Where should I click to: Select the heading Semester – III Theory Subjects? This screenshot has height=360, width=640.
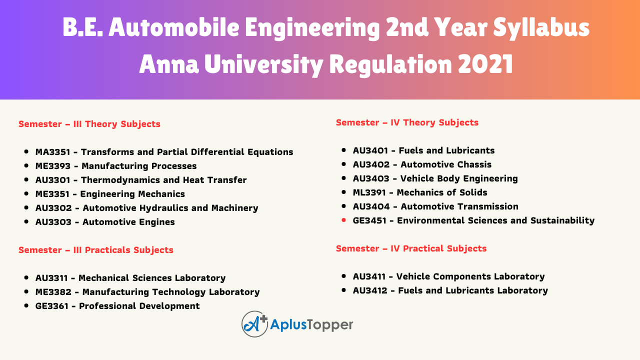coord(89,124)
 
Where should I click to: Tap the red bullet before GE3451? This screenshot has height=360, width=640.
coord(343,220)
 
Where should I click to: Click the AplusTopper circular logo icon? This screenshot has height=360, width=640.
coord(254,324)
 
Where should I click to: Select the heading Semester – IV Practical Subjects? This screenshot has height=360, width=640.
coord(411,248)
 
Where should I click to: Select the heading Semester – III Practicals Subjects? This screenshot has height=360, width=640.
coord(96,250)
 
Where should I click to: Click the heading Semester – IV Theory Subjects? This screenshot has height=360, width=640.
coord(407,122)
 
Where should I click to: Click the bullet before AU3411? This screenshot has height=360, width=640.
coord(343,276)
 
